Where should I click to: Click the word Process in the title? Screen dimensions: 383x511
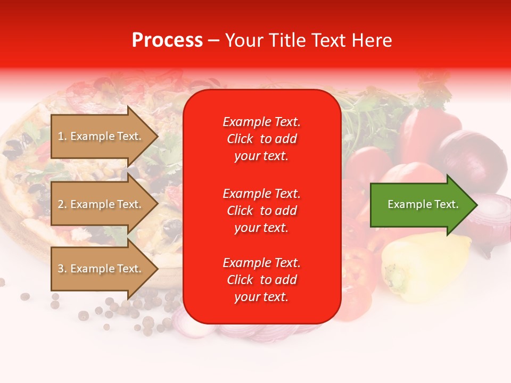pyautogui.click(x=167, y=40)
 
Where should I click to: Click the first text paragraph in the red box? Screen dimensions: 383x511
pyautogui.click(x=261, y=139)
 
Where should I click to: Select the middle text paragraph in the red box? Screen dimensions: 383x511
pyautogui.click(x=261, y=210)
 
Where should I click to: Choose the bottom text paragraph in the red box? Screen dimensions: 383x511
pyautogui.click(x=261, y=280)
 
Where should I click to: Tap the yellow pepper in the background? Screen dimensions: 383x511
pyautogui.click(x=421, y=266)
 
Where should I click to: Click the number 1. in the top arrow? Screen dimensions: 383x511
pyautogui.click(x=62, y=136)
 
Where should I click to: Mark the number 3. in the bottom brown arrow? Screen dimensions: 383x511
pyautogui.click(x=62, y=269)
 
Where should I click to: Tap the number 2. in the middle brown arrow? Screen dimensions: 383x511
pyautogui.click(x=62, y=204)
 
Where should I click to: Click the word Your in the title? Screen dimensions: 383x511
pyautogui.click(x=243, y=40)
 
